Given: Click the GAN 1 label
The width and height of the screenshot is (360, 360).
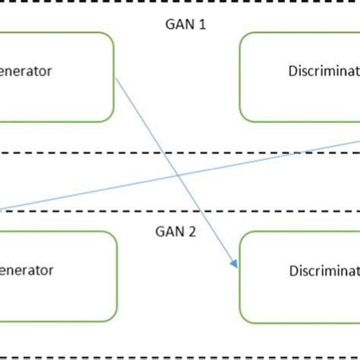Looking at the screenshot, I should pyautogui.click(x=185, y=24).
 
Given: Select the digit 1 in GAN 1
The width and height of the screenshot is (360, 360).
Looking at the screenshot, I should pyautogui.click(x=201, y=24).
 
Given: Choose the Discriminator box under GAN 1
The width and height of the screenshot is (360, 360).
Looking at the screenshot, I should pyautogui.click(x=300, y=77).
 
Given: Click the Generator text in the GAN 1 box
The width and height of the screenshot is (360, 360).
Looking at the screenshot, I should pyautogui.click(x=26, y=71).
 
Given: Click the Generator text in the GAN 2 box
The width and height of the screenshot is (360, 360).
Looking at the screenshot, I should pyautogui.click(x=26, y=270).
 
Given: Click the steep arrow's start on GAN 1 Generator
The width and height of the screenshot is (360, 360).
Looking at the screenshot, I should pyautogui.click(x=115, y=76).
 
